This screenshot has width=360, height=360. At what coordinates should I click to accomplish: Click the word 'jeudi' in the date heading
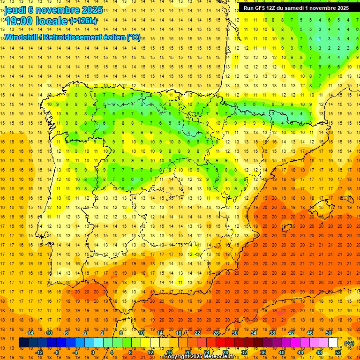tap(15, 10)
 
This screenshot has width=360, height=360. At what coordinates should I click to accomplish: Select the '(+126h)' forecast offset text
tap(83, 21)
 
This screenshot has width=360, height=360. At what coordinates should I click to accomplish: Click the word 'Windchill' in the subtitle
tap(22, 37)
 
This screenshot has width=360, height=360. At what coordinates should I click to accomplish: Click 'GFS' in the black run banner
tap(264, 7)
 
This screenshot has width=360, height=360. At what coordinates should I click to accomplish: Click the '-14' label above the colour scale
tap(30, 333)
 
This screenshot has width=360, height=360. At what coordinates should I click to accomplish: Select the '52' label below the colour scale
tap(338, 352)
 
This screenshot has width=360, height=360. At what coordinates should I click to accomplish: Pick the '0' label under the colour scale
tap(92, 352)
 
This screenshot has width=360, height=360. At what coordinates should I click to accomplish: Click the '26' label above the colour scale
tap(216, 333)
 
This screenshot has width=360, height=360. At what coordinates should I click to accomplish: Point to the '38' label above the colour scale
tap(272, 333)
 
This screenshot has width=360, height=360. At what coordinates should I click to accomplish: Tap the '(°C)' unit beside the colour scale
tap(349, 343)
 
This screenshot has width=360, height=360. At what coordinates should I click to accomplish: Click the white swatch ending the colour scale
tap(333, 343)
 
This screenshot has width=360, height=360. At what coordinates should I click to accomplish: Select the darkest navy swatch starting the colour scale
tap(23, 343)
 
